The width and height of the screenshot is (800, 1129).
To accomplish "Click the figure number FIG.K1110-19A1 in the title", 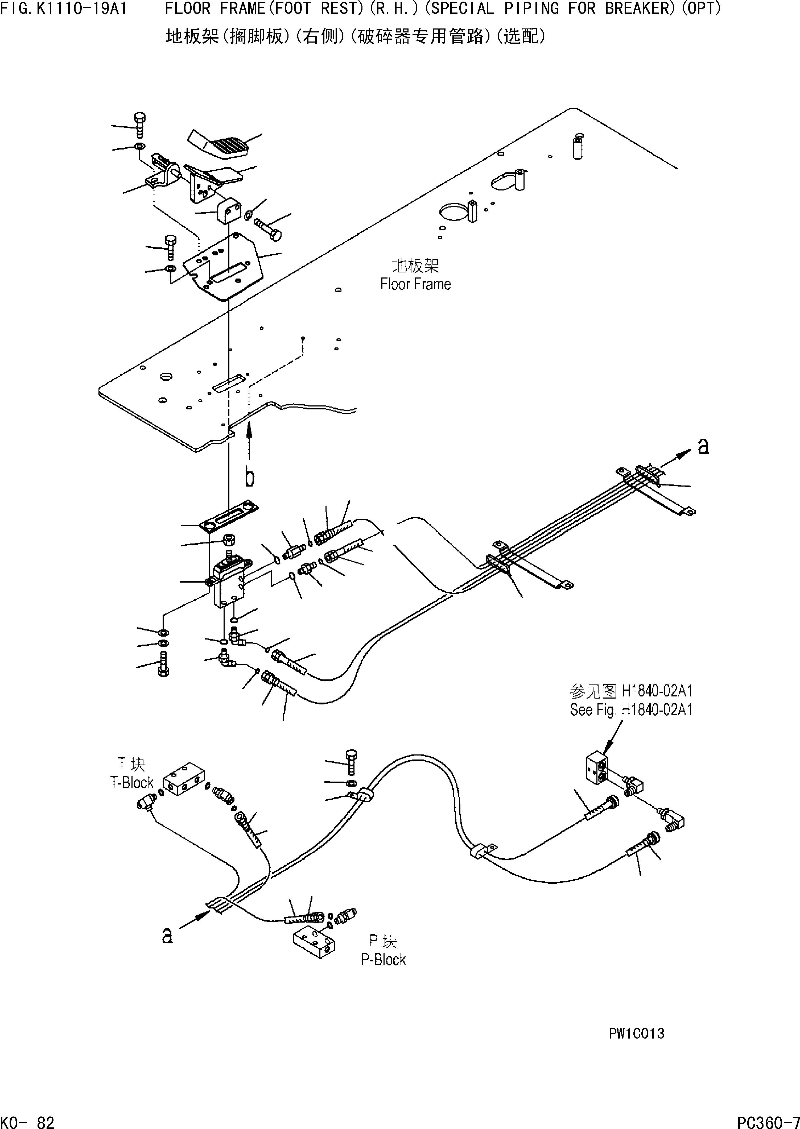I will point(64,9).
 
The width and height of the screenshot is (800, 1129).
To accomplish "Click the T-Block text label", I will point(131,782).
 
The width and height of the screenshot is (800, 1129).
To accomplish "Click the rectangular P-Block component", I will point(314,943).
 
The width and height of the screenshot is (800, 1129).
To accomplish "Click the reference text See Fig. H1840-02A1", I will point(631,710).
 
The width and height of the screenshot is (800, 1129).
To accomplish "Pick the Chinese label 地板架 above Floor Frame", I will point(415,266).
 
